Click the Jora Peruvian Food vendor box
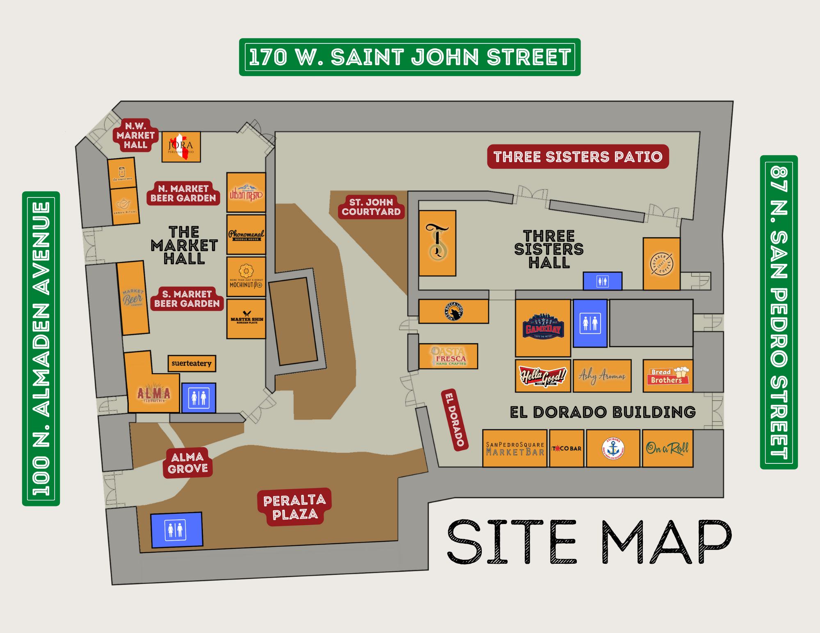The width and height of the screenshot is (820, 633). [181, 147]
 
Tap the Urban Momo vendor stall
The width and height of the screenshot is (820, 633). [246, 193]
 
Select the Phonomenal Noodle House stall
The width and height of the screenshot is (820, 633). [246, 235]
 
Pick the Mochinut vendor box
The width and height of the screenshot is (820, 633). [246, 277]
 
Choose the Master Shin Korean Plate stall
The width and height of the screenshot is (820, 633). [246, 319]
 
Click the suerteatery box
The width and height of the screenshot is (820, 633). [191, 363]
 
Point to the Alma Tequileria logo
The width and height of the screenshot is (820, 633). [154, 394]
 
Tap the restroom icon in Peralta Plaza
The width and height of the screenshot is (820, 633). [176, 530]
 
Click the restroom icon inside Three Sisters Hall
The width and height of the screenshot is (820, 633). [602, 281]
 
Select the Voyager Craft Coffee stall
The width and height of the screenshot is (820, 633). [661, 264]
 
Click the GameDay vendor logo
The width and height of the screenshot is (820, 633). [543, 327]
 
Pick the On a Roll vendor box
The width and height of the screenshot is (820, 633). [667, 448]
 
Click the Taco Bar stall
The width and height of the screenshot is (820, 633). [567, 448]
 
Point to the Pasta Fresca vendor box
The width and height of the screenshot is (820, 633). [448, 356]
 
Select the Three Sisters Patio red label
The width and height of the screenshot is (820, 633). [578, 157]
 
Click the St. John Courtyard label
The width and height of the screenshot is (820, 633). [371, 207]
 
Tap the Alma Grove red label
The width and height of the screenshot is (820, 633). [187, 463]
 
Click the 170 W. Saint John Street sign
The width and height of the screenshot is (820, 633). [410, 57]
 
